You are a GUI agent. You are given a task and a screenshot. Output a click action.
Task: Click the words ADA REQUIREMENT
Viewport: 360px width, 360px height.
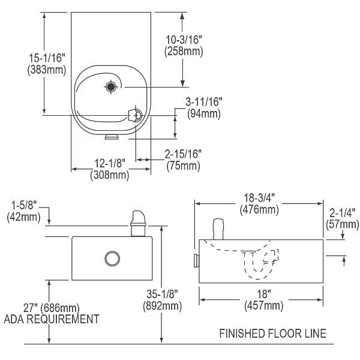pos(51,319)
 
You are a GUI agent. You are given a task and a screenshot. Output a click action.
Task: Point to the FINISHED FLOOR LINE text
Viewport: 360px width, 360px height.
pos(272,333)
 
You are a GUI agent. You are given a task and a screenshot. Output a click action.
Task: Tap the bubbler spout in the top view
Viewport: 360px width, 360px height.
pos(135,115)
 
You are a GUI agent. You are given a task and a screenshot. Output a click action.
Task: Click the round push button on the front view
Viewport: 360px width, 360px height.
pos(112,259)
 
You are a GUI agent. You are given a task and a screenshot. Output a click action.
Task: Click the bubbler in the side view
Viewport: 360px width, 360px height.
pos(218,228)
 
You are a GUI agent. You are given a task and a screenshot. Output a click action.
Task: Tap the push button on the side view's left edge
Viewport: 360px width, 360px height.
pos(196,260)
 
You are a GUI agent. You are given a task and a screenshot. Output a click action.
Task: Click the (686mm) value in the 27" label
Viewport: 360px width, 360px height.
pos(62,307)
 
